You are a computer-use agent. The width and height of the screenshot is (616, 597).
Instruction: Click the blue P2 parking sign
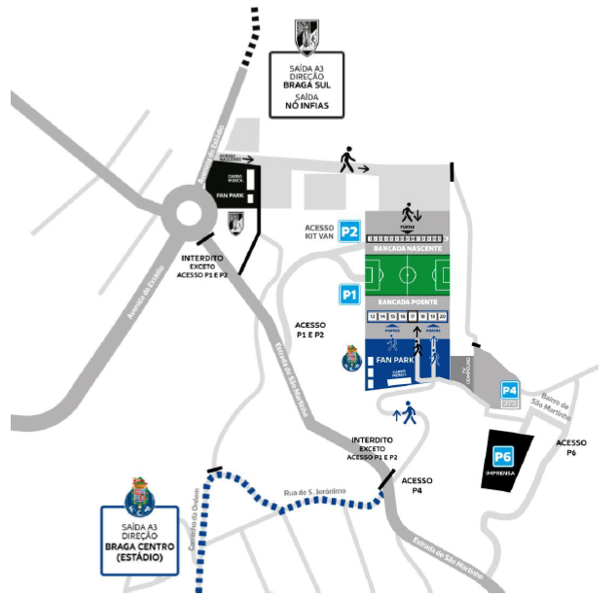point(350,232)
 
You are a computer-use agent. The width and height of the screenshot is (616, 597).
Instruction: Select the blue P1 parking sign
point(349,294)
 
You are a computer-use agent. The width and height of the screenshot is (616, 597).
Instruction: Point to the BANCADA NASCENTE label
point(409,248)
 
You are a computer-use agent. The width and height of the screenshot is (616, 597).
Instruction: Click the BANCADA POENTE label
point(409,302)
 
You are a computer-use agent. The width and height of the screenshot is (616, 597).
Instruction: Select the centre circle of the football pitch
point(409,275)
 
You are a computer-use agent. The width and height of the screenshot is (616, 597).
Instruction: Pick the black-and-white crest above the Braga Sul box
point(306,36)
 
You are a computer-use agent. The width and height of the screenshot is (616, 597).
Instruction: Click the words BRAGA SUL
point(307,86)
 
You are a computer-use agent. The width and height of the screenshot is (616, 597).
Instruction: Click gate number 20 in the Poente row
point(444,317)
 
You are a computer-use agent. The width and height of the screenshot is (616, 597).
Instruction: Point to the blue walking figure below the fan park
point(407,416)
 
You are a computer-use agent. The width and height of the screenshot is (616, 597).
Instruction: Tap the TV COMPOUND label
point(468,369)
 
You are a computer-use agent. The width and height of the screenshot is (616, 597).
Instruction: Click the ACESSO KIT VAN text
point(319,234)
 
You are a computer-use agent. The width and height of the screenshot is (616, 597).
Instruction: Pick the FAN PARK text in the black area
point(232,194)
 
